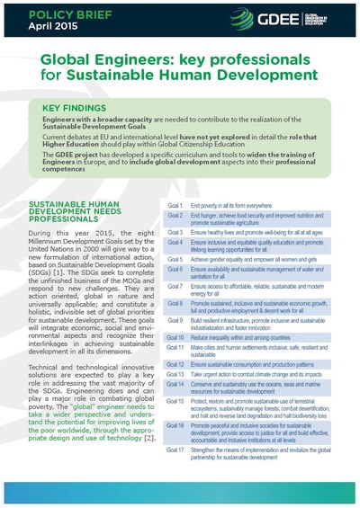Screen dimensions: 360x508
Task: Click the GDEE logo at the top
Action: pyautogui.click(x=290, y=18)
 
